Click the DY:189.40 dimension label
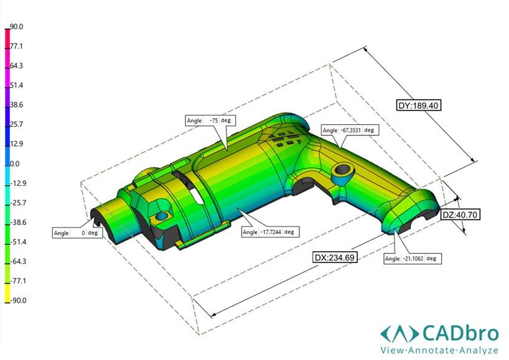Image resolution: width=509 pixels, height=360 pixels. click(419, 106)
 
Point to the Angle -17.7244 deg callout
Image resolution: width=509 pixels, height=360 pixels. click(269, 232)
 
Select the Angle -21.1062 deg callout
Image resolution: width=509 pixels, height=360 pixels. click(413, 258)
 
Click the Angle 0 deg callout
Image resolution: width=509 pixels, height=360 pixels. click(77, 233)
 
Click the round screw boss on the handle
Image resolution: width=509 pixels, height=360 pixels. click(342, 171)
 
